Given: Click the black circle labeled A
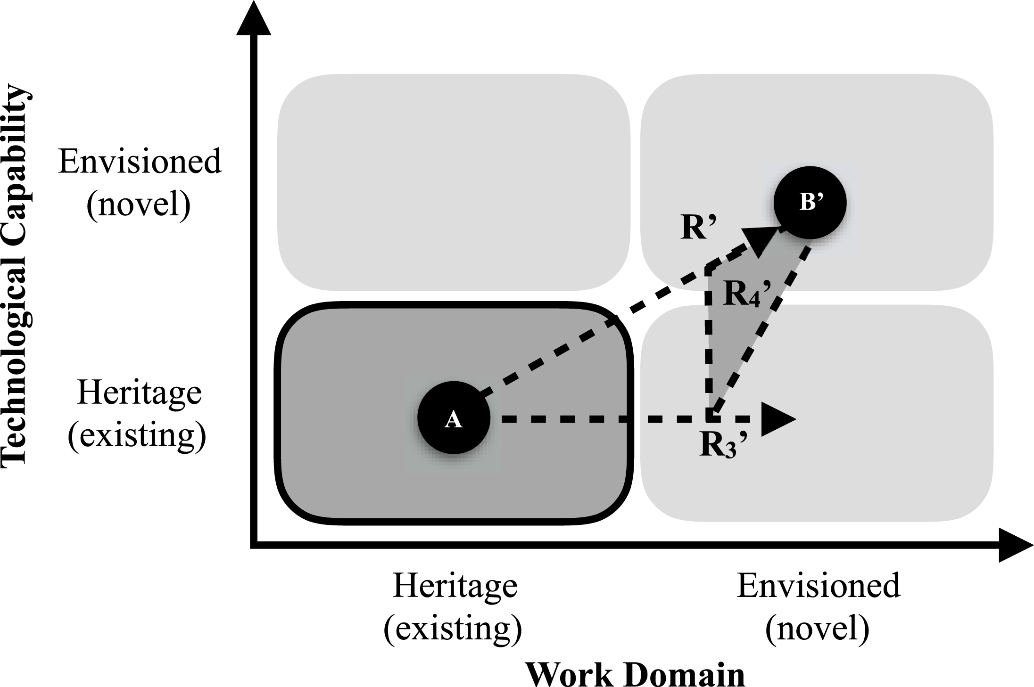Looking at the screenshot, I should pyautogui.click(x=454, y=418).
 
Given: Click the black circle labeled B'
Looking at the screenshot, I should pyautogui.click(x=810, y=202).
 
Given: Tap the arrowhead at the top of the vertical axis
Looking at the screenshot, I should pyautogui.click(x=254, y=19).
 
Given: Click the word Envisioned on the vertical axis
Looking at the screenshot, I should pyautogui.click(x=140, y=162).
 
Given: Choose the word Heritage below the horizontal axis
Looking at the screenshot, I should pyautogui.click(x=455, y=586).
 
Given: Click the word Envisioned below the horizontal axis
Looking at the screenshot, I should pyautogui.click(x=818, y=586).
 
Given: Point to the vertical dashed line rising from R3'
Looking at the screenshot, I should pyautogui.click(x=708, y=344).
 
